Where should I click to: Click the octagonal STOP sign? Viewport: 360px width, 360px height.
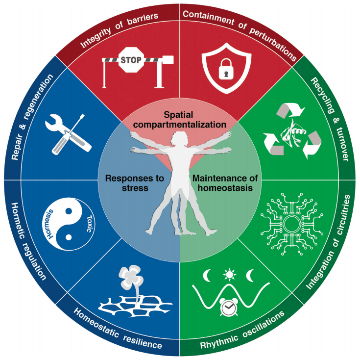tap(131, 60)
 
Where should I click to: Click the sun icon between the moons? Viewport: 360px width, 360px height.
tap(229, 275)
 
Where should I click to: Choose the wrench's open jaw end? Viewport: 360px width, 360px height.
tap(53, 122)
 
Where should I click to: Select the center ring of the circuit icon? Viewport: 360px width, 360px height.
tap(291, 224)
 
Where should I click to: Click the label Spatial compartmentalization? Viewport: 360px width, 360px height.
tap(179, 120)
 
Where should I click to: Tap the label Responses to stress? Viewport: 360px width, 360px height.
tap(135, 183)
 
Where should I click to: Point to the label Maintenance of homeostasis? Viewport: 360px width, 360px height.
tap(225, 183)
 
